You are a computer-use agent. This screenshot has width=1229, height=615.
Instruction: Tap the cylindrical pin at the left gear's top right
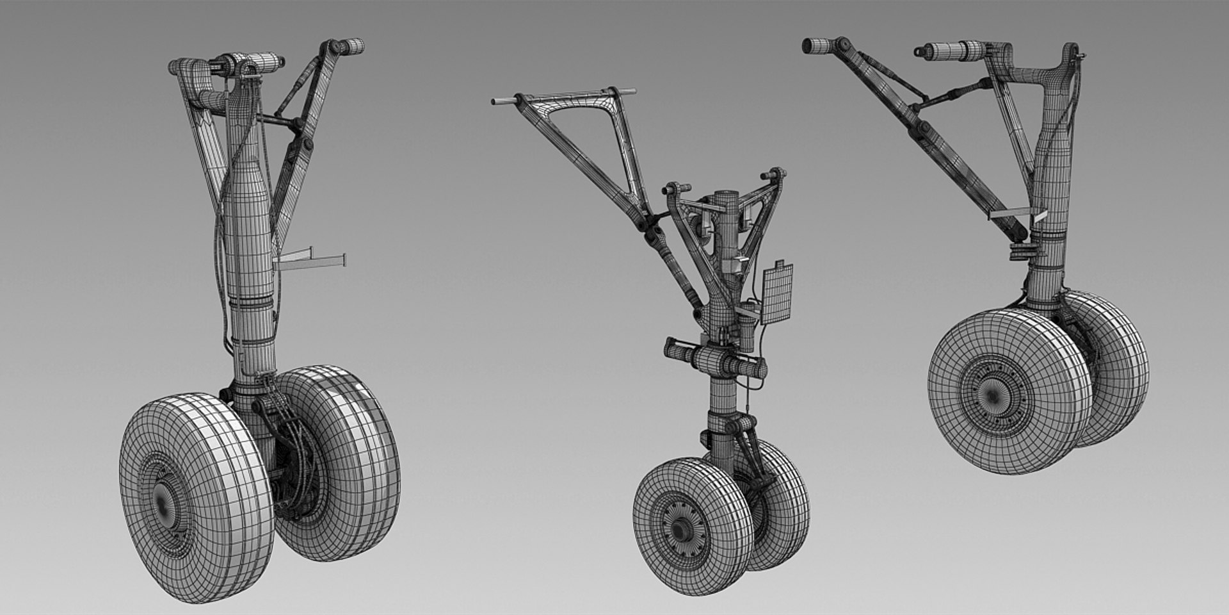point(351,46)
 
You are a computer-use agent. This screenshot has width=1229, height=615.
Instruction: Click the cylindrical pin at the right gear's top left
point(816,45)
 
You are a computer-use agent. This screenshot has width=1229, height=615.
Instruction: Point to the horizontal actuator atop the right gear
point(954,50)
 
